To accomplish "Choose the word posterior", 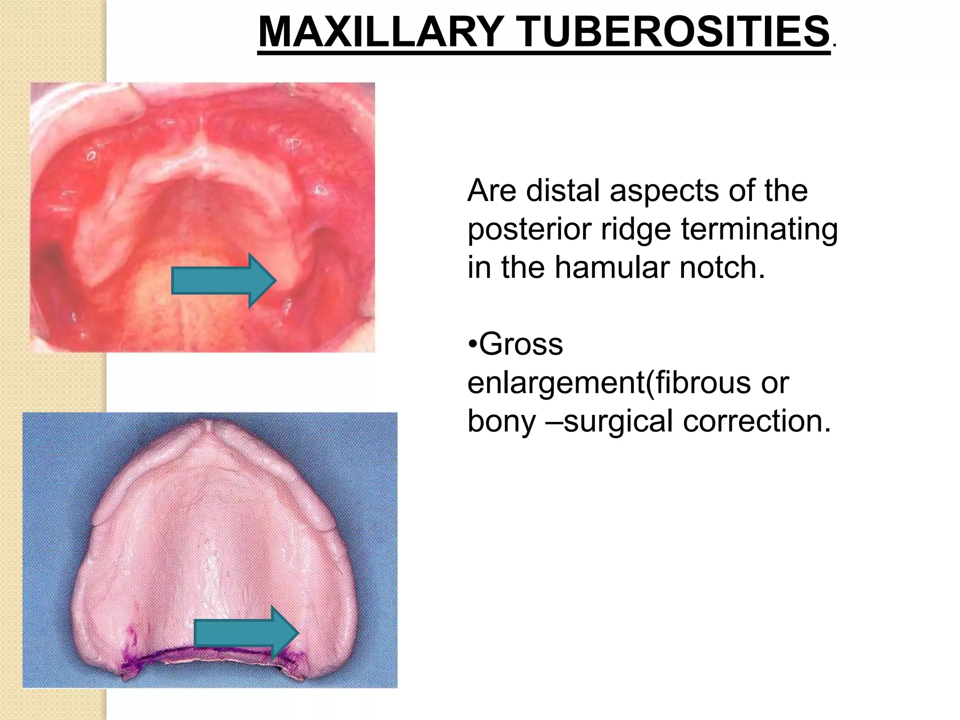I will click(x=530, y=230).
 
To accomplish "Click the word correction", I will click(x=757, y=420).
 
